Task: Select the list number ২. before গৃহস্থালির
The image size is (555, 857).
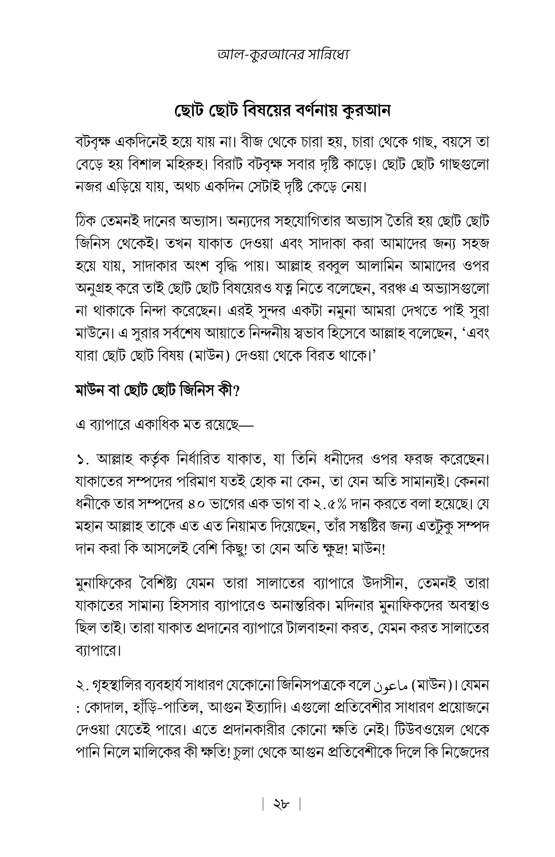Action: pyautogui.click(x=82, y=686)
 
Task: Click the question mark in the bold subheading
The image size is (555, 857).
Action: pyautogui.click(x=237, y=391)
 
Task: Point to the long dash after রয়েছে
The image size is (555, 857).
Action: pyautogui.click(x=247, y=425)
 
